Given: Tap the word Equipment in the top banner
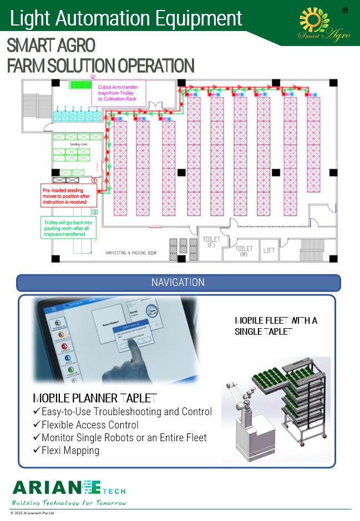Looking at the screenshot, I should (x=195, y=18).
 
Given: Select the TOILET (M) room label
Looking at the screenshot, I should (x=245, y=252).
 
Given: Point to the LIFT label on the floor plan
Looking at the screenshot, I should (x=269, y=251).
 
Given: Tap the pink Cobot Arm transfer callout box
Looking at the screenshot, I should (x=118, y=93).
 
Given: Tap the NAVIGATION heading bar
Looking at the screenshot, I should (x=178, y=283).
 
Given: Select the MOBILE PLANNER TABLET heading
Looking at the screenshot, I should (x=94, y=399).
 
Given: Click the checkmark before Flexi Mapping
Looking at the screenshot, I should (x=37, y=451).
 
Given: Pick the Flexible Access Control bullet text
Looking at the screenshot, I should (x=90, y=425).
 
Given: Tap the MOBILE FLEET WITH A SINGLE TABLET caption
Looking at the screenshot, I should (x=276, y=326).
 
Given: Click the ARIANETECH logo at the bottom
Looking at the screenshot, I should (x=69, y=491).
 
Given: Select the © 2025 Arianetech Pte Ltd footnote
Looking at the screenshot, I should (x=32, y=514).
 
